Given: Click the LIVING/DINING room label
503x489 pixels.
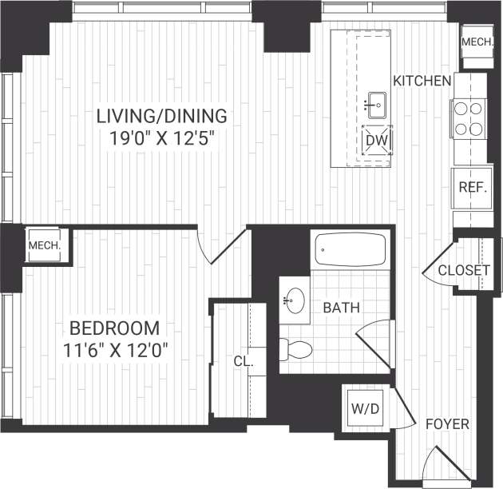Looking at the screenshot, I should point(162,115).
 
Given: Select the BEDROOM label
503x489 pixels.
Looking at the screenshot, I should point(114,328).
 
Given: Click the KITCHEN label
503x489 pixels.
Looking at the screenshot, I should point(422,80).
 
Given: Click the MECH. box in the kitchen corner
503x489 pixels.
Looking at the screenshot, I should point(477,42).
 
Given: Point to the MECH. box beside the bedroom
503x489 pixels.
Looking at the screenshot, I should point(45,245).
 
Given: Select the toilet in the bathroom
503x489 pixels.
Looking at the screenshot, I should point(295,348).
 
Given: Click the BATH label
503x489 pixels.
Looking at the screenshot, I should point(342,307).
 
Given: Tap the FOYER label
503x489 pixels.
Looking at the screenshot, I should point(446,423).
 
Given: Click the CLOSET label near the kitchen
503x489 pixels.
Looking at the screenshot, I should point(464,270).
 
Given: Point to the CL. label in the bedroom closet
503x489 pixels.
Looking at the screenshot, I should point(244,361).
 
